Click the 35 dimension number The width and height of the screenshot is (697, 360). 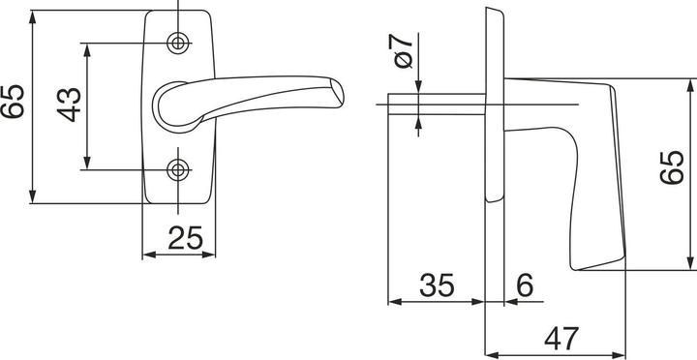click(437, 285)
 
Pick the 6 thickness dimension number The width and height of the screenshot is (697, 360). click(524, 285)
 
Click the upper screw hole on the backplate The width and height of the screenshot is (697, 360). click(178, 43)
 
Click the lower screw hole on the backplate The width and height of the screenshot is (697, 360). click(178, 170)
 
